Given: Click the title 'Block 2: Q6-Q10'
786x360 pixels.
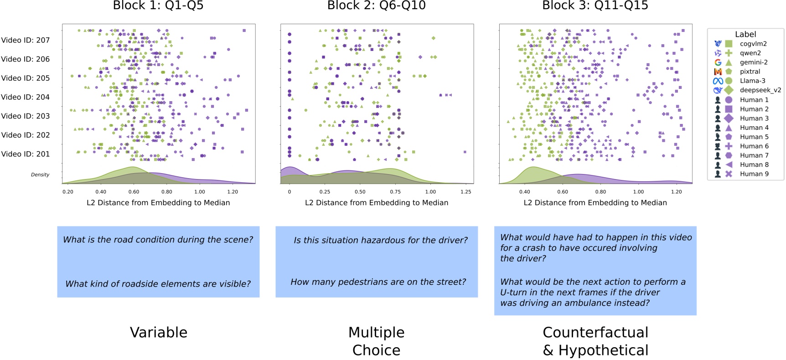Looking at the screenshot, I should (376, 5).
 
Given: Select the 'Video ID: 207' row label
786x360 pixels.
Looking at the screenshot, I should (26, 40).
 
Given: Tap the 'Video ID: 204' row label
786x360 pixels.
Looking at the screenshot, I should (26, 97).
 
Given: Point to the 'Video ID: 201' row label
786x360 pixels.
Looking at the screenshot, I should (26, 154).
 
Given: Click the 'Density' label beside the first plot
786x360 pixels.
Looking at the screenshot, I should (40, 175).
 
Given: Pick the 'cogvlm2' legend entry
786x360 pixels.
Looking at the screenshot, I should (753, 44).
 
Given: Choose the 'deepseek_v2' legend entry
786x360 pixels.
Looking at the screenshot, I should (760, 90).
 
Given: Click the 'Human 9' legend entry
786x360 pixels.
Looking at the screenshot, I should (754, 174).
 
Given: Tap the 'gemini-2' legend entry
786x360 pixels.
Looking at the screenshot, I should (753, 62).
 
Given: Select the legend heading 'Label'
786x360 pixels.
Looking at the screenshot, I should (745, 34).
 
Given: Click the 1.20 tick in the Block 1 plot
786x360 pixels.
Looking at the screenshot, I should (233, 192).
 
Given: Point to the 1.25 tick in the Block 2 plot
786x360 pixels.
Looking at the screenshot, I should (465, 192).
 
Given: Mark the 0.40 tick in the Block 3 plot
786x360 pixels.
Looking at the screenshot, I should (525, 192).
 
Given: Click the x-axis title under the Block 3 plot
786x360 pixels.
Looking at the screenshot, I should (595, 203).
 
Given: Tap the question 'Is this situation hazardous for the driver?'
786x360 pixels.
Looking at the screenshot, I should (381, 240).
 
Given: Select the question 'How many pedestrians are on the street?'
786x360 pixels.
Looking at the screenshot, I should (378, 282).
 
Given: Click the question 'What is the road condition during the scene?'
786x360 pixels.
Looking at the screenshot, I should (158, 240).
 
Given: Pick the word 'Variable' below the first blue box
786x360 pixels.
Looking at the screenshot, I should (159, 332).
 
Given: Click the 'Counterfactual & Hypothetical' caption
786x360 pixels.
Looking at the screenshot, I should (595, 341).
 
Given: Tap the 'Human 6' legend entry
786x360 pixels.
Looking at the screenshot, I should (754, 146).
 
